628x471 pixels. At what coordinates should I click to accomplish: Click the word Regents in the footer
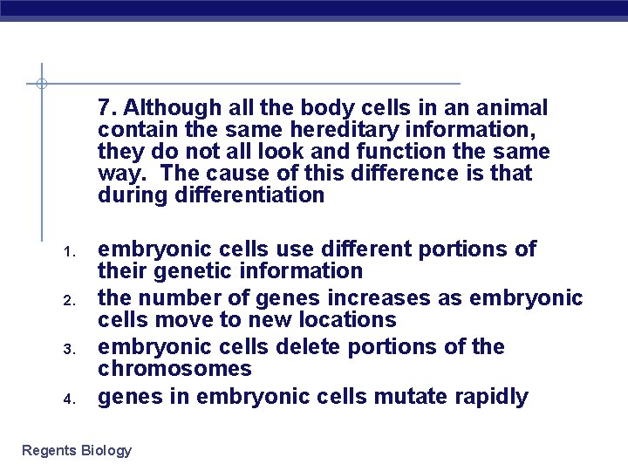[49, 450]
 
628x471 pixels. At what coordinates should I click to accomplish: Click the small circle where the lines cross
[41, 84]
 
